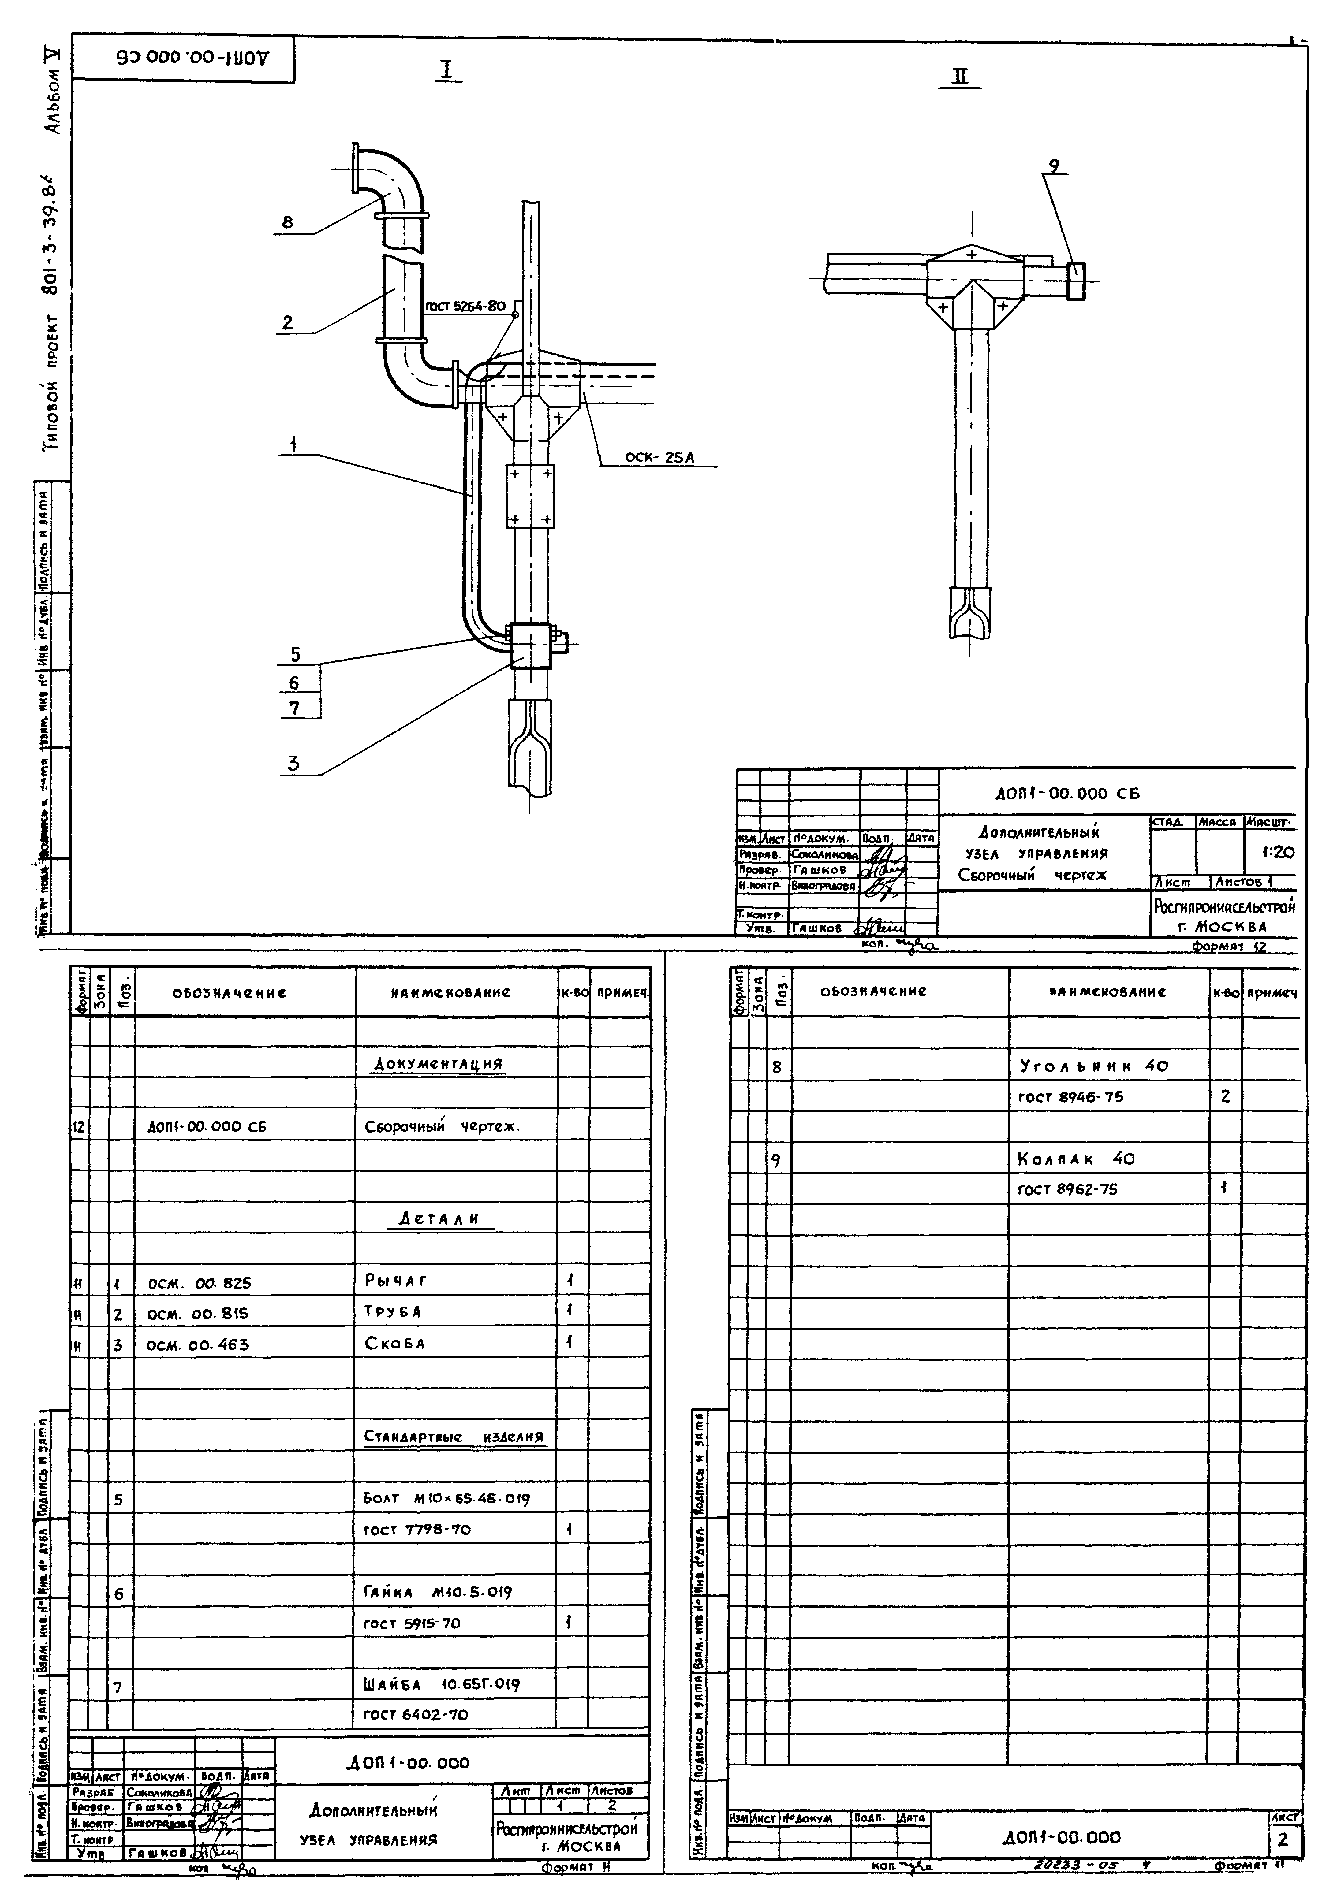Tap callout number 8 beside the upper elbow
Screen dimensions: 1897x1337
click(288, 222)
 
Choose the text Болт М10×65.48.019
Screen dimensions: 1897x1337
click(446, 1498)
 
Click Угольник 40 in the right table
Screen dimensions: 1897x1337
click(1092, 1066)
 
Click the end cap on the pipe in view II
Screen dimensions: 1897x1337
click(1076, 281)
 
